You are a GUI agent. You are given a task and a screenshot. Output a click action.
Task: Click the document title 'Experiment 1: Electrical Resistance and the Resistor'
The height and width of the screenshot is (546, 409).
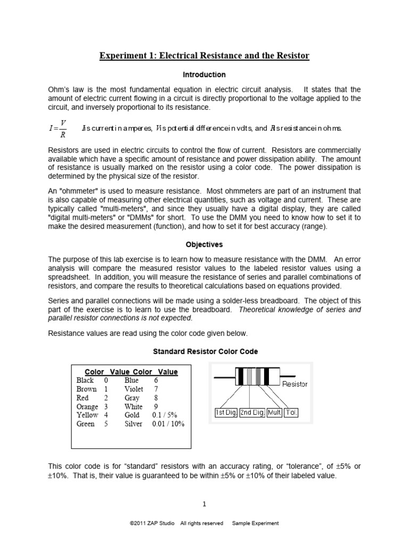(x=204, y=56)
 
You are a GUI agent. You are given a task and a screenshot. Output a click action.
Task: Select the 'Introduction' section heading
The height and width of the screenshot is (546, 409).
(x=205, y=75)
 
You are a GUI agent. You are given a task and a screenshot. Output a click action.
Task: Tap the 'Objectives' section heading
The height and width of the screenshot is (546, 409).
(x=204, y=245)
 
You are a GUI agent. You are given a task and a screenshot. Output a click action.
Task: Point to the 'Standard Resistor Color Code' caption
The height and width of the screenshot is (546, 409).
(x=205, y=351)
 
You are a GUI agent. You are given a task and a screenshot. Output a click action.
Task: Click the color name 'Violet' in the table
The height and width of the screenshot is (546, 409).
(x=133, y=389)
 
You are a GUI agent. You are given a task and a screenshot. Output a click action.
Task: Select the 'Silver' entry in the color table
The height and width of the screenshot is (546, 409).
(x=133, y=424)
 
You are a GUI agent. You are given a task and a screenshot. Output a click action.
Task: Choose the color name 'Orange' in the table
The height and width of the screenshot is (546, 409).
(x=87, y=406)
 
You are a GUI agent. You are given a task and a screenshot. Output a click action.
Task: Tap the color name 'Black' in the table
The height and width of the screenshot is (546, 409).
(x=85, y=380)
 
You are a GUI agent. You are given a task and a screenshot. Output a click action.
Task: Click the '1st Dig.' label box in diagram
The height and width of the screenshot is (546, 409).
(x=226, y=413)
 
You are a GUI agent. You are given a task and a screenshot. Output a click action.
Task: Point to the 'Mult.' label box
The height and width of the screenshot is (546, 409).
(x=275, y=413)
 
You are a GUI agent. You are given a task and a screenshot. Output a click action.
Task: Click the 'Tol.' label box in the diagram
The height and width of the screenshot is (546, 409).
(x=292, y=413)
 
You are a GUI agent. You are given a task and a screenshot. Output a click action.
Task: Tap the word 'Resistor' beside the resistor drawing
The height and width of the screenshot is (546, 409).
(x=295, y=384)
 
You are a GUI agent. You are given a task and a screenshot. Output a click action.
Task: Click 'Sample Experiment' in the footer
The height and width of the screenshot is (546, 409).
(x=255, y=524)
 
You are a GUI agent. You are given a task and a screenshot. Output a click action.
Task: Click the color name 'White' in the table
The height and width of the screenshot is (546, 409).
(x=133, y=406)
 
